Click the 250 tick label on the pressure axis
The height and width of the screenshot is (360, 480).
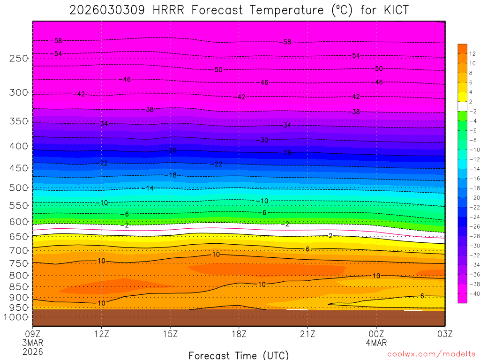pyautogui.click(x=19, y=59)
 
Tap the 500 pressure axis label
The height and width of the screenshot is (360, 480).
pyautogui.click(x=19, y=188)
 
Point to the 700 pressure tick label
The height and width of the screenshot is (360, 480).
pyautogui.click(x=19, y=250)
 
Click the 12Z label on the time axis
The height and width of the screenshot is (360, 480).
pyautogui.click(x=102, y=334)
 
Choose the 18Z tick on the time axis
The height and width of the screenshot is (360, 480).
pyautogui.click(x=239, y=334)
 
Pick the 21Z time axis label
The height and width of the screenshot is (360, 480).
pyautogui.click(x=307, y=334)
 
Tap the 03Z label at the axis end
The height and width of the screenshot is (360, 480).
pyautogui.click(x=444, y=334)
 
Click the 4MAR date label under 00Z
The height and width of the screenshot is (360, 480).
pyautogui.click(x=376, y=343)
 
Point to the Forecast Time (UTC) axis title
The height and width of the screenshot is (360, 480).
pyautogui.click(x=239, y=355)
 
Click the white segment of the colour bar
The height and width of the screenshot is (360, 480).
pyautogui.click(x=463, y=106)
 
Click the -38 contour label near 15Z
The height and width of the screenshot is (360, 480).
pyautogui.click(x=149, y=110)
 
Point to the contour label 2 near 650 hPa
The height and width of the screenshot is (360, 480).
pyautogui.click(x=330, y=236)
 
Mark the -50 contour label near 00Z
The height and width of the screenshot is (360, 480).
pyautogui.click(x=378, y=69)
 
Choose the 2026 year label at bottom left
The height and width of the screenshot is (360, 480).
pyautogui.click(x=32, y=351)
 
